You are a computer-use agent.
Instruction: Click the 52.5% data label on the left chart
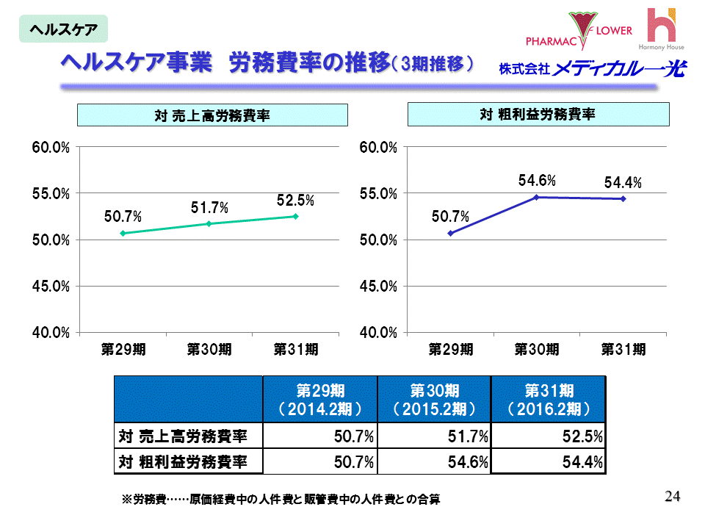coord(295,200)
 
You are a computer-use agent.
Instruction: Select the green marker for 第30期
coord(209,223)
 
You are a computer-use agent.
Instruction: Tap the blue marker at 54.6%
coord(536,197)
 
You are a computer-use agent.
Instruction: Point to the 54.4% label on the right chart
coord(623,182)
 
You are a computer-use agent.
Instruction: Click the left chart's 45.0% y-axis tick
coord(50,286)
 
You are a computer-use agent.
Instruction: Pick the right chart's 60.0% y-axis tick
coord(378,148)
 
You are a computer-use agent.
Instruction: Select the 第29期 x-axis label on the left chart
coord(123,350)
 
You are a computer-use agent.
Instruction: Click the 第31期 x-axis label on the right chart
coord(623,350)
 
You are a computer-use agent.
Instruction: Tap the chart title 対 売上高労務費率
coord(212,115)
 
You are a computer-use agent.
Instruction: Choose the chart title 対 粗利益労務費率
coord(538,115)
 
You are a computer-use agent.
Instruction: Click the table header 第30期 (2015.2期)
coord(434,399)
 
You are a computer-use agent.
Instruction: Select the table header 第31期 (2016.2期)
coord(549,399)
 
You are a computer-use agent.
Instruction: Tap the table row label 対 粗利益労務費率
coord(182,462)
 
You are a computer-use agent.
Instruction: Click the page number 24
coord(672,496)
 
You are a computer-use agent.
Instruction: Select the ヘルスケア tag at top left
coord(63,29)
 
